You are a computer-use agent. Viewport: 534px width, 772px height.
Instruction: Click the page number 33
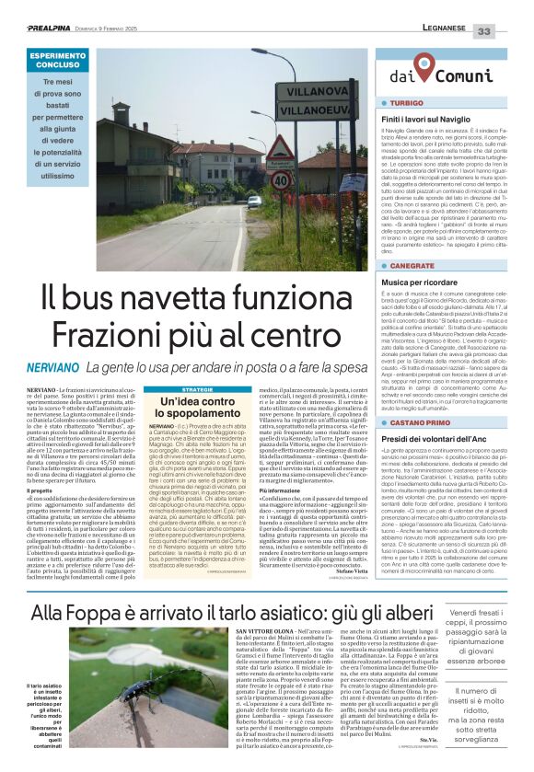[x=508, y=31]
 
